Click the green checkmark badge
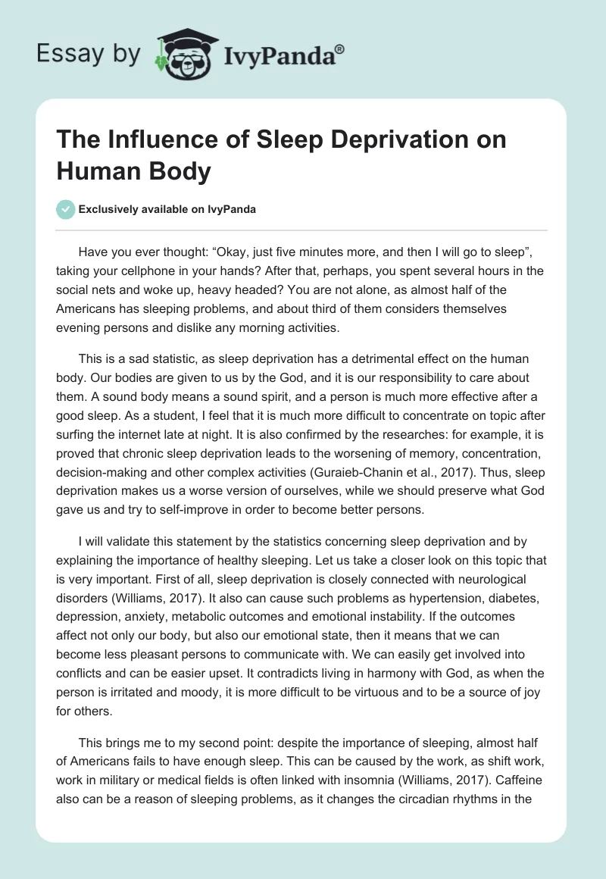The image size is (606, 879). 66,209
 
